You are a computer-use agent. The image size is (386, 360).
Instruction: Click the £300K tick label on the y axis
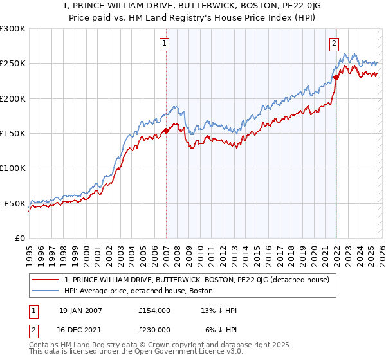point(13,29)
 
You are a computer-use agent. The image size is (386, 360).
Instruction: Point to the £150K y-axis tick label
point(13,133)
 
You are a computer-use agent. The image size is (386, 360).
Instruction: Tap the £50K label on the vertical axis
point(15,203)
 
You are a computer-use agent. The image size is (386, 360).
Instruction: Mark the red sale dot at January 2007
point(166,130)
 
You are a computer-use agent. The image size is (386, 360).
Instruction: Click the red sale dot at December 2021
point(336,78)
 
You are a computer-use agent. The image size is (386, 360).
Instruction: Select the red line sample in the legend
point(46,280)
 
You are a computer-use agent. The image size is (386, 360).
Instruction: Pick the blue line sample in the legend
point(46,291)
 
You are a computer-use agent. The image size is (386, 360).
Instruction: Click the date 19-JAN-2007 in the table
point(80,310)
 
